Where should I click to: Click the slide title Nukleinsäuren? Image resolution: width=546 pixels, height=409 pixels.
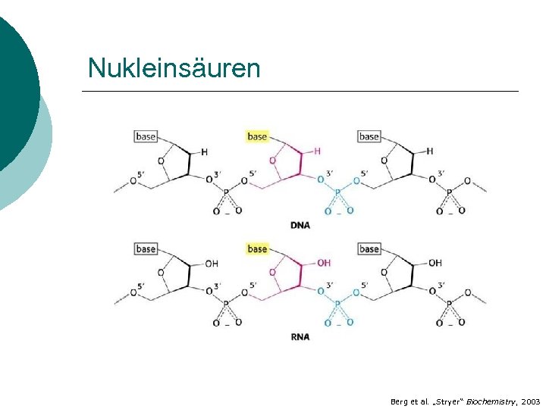tap(174, 68)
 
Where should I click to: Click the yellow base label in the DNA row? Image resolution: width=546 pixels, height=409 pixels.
tap(257, 136)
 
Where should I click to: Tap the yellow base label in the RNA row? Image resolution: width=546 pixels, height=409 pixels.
tap(257, 248)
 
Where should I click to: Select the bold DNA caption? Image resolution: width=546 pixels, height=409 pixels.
tap(300, 225)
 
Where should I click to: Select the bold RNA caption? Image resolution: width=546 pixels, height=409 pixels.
tap(300, 337)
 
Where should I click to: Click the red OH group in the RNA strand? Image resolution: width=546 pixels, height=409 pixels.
tap(323, 263)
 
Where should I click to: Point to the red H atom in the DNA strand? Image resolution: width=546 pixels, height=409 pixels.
tap(317, 151)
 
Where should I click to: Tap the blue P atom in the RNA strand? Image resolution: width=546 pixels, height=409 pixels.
tap(337, 304)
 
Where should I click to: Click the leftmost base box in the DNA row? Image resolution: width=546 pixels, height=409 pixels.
tap(146, 136)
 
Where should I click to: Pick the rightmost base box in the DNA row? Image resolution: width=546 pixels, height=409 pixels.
tap(369, 136)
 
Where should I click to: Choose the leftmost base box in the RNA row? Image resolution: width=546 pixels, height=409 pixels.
tap(146, 248)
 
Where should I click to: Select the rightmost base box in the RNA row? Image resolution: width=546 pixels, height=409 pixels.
tap(369, 248)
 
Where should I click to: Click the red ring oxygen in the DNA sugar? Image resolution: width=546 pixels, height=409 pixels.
tap(272, 161)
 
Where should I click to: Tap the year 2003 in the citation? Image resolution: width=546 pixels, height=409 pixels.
tap(531, 401)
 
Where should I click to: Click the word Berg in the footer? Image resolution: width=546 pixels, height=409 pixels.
tap(399, 401)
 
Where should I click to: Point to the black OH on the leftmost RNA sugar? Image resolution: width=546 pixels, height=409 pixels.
tap(211, 264)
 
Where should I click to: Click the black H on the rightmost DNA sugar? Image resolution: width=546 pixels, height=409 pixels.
tap(429, 151)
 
